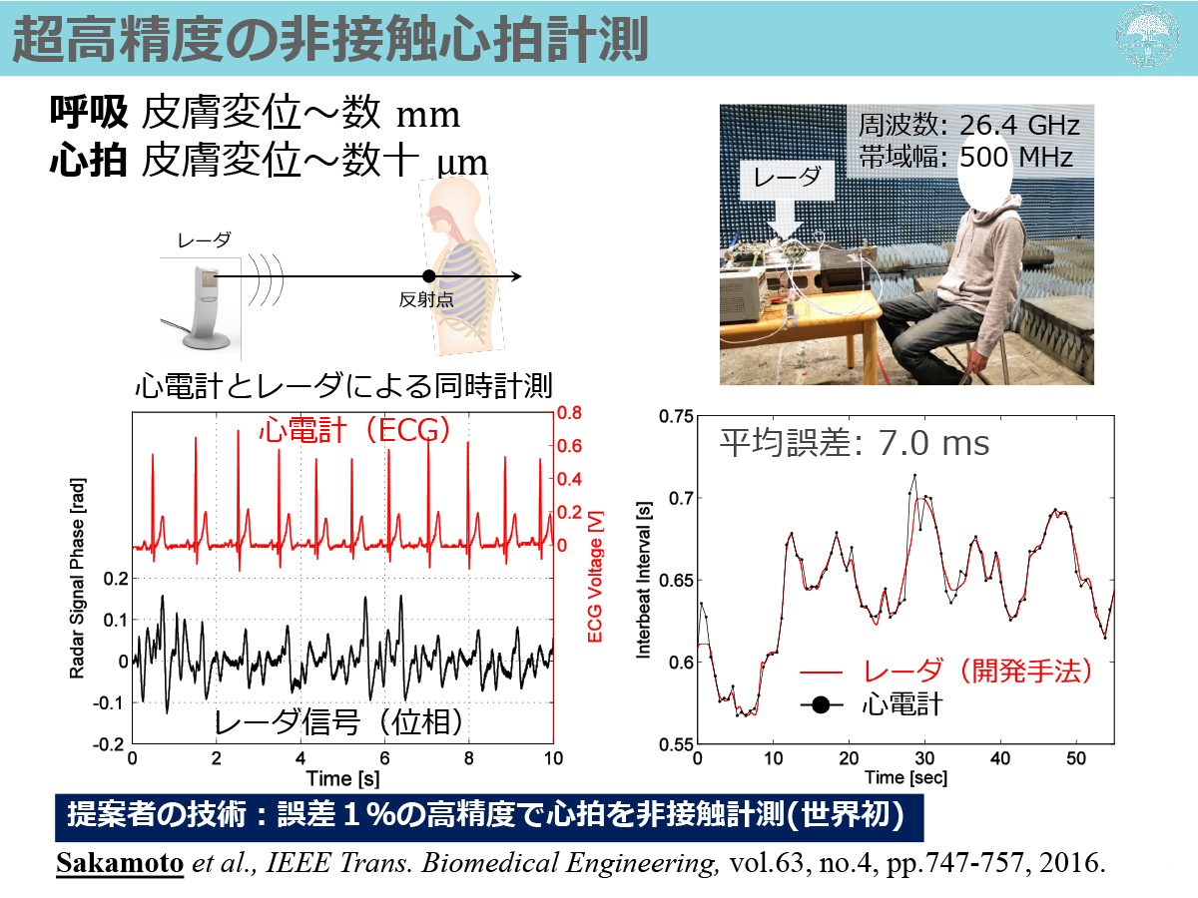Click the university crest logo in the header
[x=1147, y=36]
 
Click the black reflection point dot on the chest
[x=429, y=276]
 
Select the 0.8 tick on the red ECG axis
[x=569, y=413]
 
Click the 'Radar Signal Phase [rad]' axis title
[x=77, y=579]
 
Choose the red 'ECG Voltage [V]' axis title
[x=595, y=577]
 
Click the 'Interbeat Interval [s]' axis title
[x=644, y=580]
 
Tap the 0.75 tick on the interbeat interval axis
[x=676, y=416]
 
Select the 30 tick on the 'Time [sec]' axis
[x=924, y=758]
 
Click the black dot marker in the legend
[x=821, y=705]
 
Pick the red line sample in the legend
[x=821, y=673]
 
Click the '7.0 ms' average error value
[x=933, y=443]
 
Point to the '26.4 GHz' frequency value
[x=1019, y=126]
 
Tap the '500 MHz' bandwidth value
[x=1016, y=157]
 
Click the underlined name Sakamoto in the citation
[x=120, y=863]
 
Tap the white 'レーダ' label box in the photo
[x=787, y=179]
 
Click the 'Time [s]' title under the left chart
[x=342, y=778]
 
